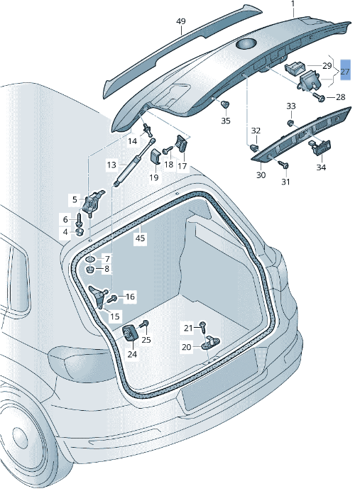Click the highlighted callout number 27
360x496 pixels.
click(345, 71)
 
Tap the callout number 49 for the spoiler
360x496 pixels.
click(181, 21)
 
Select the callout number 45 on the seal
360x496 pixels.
click(141, 238)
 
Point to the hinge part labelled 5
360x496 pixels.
click(92, 203)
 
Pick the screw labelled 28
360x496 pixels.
click(318, 97)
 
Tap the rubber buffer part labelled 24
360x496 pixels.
click(130, 333)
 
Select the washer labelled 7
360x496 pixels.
click(91, 259)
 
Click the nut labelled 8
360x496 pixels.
click(90, 270)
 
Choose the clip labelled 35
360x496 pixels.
click(225, 104)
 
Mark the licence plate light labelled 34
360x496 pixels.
click(319, 147)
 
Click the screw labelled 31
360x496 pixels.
click(283, 164)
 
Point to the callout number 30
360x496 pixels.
click(261, 175)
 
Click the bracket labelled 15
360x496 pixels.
click(99, 297)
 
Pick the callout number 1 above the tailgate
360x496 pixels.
click(293, 4)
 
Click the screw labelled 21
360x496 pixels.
click(203, 326)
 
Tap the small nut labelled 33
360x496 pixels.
click(290, 123)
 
